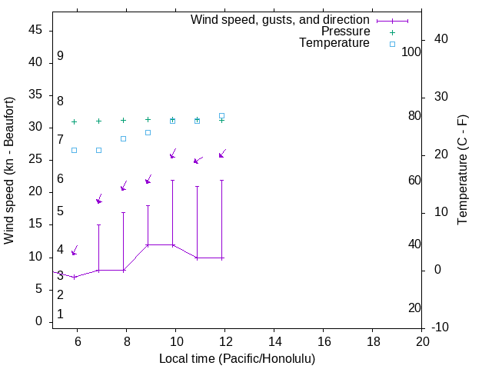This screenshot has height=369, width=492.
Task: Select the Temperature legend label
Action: pyautogui.click(x=334, y=43)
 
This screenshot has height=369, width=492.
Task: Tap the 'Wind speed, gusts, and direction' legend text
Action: pyautogui.click(x=280, y=19)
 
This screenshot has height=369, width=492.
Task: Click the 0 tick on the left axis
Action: pyautogui.click(x=38, y=321)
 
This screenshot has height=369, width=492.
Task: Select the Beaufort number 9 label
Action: pyautogui.click(x=60, y=56)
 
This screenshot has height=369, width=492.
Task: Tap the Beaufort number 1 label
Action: pyautogui.click(x=60, y=314)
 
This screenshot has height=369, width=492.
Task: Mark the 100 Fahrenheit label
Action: pyautogui.click(x=412, y=52)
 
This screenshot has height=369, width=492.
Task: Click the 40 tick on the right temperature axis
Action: pyautogui.click(x=440, y=39)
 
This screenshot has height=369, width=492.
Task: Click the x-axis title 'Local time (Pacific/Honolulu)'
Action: pyautogui.click(x=237, y=358)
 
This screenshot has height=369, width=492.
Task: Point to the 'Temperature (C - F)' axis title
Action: pyautogui.click(x=462, y=170)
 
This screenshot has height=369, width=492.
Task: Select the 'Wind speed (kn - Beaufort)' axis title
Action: pyautogui.click(x=9, y=170)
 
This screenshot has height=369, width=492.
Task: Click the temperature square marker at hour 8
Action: pyautogui.click(x=123, y=138)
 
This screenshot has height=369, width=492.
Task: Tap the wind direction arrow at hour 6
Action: pyautogui.click(x=75, y=250)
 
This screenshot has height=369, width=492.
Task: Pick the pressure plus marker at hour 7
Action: pyautogui.click(x=98, y=121)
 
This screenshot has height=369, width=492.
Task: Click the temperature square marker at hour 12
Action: pyautogui.click(x=221, y=115)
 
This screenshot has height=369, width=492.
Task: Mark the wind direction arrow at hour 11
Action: pyautogui.click(x=198, y=160)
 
